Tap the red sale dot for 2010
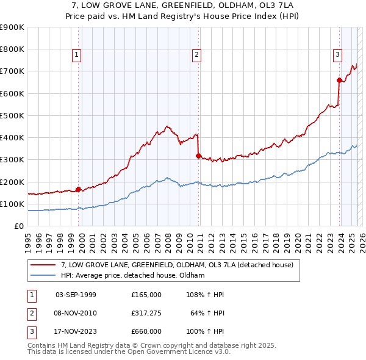(198, 156)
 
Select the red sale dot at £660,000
(339, 80)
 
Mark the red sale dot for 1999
(78, 189)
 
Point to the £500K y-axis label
(12, 115)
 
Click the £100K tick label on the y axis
(12, 204)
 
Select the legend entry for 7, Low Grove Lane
(177, 265)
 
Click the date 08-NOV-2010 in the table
(76, 313)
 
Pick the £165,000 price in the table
(146, 295)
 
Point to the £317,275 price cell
(146, 313)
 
